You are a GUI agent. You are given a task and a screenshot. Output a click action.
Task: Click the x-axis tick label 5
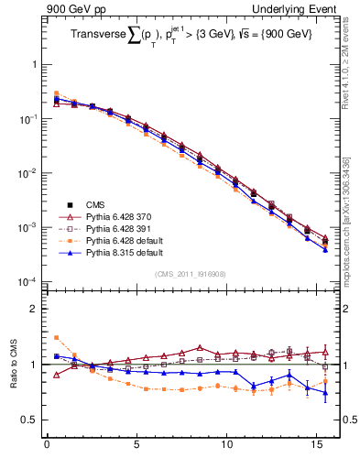[136, 448]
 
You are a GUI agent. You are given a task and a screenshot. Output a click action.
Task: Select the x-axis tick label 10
[226, 448]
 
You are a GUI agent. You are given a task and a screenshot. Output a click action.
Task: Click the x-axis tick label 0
[47, 448]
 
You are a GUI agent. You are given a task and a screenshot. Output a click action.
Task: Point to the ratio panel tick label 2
[35, 309]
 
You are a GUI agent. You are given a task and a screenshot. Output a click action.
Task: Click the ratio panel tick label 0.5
[30, 420]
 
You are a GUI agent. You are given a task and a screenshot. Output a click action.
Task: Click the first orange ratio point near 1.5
[56, 337]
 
